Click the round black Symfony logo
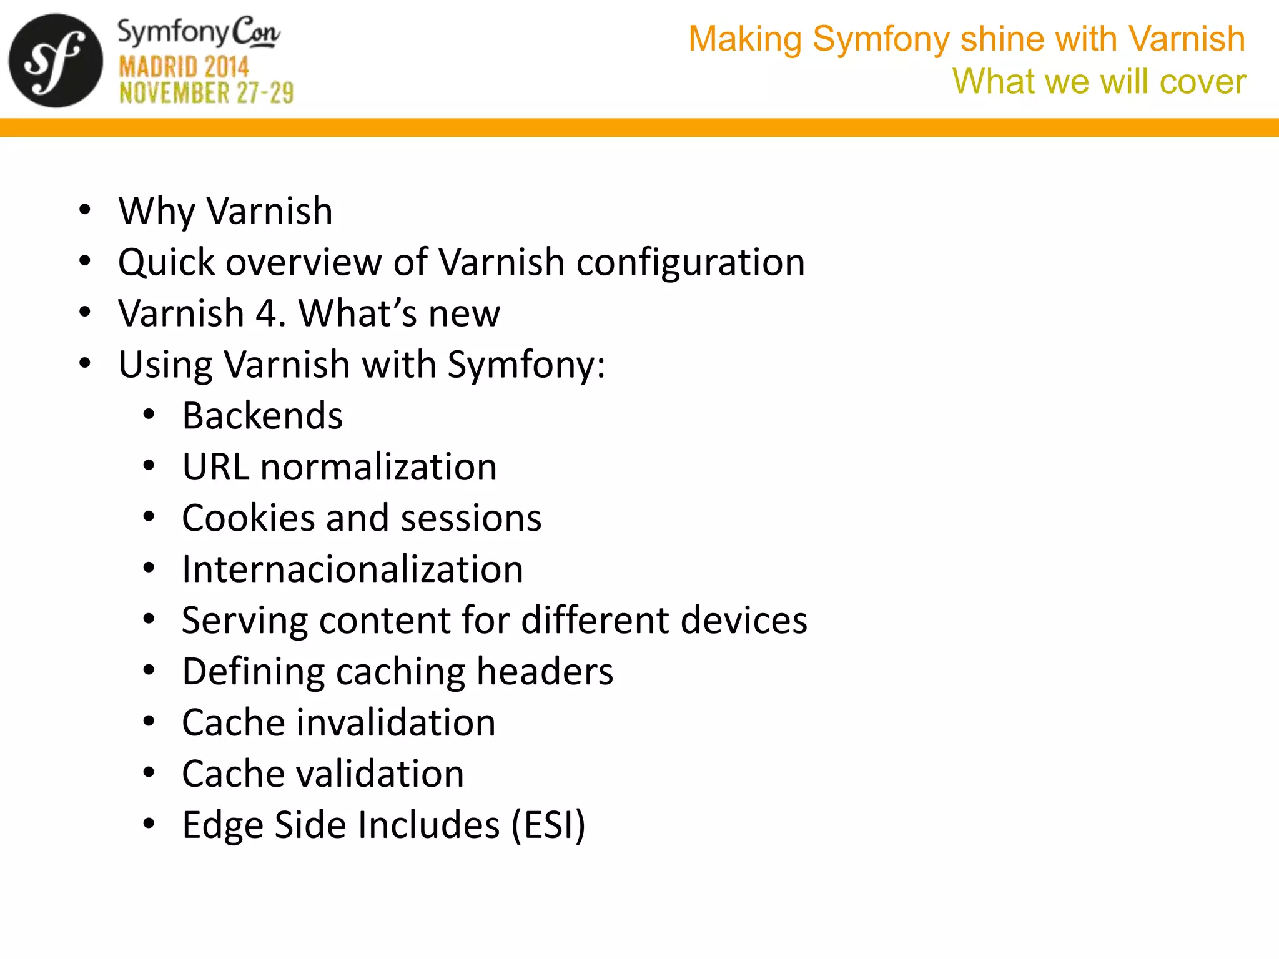coord(56,61)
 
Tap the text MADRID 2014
coord(184,67)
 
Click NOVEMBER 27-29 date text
coord(206,94)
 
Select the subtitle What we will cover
coord(1099,82)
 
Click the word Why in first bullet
coord(157,211)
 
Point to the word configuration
coord(690,262)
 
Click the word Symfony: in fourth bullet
coord(526,365)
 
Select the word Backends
coord(262,416)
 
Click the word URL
coord(215,467)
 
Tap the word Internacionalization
coord(352,569)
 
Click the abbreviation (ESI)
coord(548,825)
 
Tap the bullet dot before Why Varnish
coord(85,210)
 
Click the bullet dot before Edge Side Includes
coord(149,824)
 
